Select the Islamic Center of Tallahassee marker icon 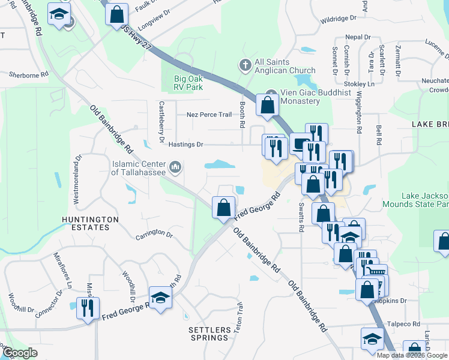click(x=175, y=166)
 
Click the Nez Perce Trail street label click(x=209, y=114)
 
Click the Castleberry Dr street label click(x=161, y=121)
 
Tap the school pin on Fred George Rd click(x=160, y=298)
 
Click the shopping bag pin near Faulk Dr click(x=116, y=14)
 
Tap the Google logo click(x=19, y=353)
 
